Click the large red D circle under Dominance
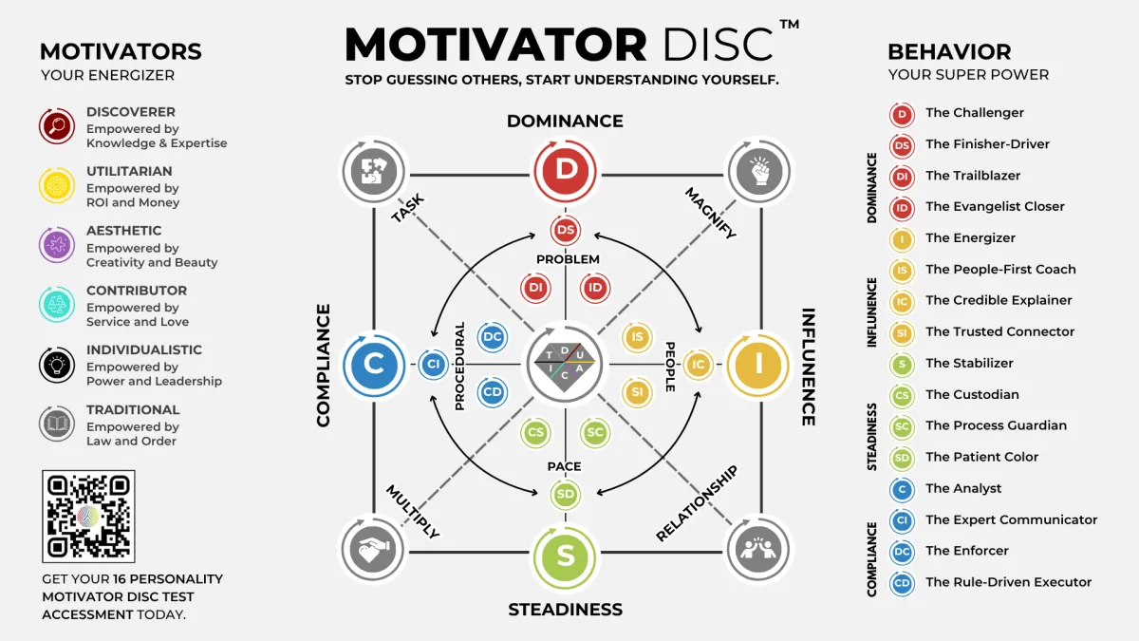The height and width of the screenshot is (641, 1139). [x=566, y=170]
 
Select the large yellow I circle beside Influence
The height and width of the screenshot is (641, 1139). [x=758, y=363]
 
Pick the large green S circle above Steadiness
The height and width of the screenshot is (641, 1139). [x=566, y=556]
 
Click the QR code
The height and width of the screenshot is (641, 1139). [x=88, y=516]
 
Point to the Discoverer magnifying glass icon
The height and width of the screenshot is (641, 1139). [x=57, y=126]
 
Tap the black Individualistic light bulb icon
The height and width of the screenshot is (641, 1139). [x=57, y=364]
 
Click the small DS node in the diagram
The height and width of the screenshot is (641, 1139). [x=566, y=230]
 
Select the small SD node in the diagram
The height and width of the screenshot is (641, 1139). [x=566, y=494]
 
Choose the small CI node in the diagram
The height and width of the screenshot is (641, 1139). [x=433, y=364]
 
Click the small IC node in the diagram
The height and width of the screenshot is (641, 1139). [x=699, y=364]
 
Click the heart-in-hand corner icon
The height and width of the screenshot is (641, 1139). [x=373, y=550]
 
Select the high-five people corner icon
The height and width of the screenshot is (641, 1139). [x=757, y=550]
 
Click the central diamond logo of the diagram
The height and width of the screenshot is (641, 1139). [x=566, y=364]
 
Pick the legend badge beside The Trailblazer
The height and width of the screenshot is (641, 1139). [x=902, y=176]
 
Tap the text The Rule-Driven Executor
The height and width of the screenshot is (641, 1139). [x=1008, y=582]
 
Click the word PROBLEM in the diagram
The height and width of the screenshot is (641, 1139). [x=568, y=259]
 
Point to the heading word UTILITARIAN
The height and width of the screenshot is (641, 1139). [x=129, y=172]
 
